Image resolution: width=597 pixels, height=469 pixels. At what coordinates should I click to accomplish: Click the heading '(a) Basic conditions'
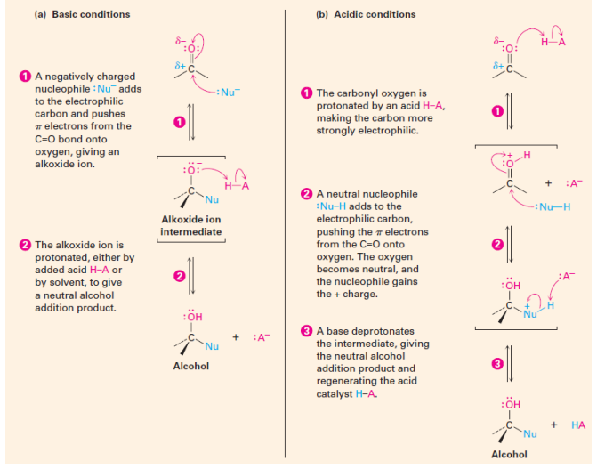point(82,14)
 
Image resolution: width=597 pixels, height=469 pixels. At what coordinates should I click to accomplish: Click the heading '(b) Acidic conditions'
point(366,14)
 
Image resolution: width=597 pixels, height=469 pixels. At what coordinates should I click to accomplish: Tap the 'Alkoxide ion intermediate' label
point(191,226)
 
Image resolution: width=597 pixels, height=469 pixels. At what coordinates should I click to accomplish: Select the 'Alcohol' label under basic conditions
point(191,367)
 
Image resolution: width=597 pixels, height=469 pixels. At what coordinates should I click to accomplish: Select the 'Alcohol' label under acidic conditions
point(509,454)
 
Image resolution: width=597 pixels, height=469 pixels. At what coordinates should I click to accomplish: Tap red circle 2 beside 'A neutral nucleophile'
point(307,194)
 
